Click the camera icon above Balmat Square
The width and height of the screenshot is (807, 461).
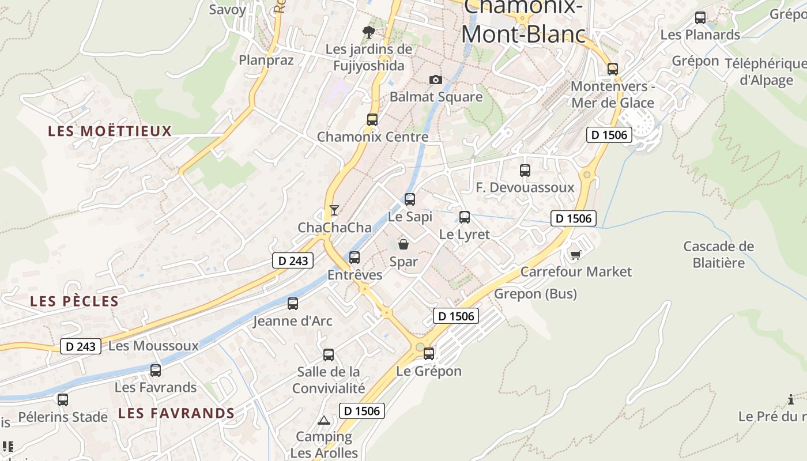[436, 80]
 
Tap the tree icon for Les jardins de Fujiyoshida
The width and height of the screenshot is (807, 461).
[368, 32]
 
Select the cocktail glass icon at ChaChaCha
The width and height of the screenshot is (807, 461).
[334, 210]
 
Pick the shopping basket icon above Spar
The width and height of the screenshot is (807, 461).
[403, 244]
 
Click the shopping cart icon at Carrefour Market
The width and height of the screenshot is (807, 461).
[575, 254]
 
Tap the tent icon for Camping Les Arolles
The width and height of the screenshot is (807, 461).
[324, 420]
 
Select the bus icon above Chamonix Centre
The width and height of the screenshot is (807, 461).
[372, 120]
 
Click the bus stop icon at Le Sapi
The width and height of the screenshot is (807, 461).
[410, 199]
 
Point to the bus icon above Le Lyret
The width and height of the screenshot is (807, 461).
[465, 217]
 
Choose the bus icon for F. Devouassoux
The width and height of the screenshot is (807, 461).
[525, 171]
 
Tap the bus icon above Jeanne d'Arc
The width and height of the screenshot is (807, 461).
[293, 304]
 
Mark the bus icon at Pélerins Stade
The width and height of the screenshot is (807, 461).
[63, 399]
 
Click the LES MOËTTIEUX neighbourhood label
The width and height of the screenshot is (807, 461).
[110, 131]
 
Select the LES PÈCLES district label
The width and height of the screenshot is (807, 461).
[74, 301]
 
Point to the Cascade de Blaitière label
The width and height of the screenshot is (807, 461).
[718, 255]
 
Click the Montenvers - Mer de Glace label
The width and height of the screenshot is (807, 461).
[612, 95]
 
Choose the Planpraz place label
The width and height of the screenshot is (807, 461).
[266, 60]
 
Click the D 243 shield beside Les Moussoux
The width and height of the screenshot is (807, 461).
[81, 346]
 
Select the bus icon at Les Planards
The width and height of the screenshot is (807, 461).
[700, 18]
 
